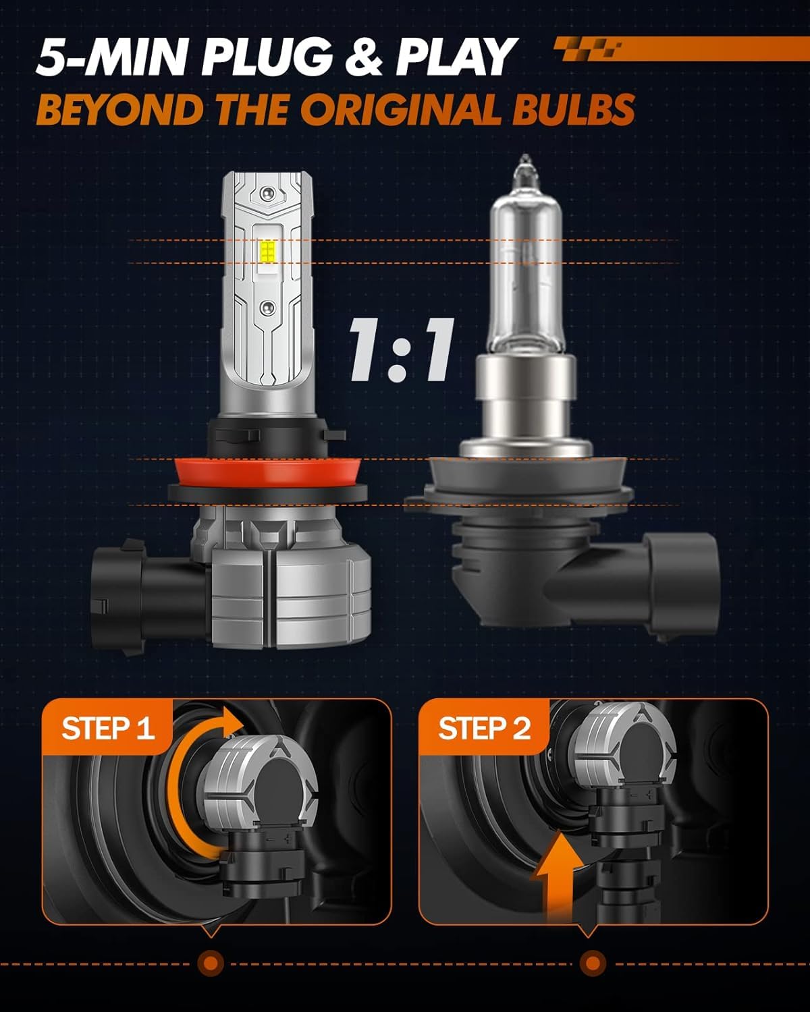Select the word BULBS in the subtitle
point(573,109)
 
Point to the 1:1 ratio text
point(402,349)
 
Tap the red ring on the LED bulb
point(267,474)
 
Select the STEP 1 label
point(108,729)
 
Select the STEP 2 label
point(485,729)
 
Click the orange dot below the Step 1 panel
point(211,963)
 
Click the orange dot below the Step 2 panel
point(593,963)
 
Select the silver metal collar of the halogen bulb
point(526,404)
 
